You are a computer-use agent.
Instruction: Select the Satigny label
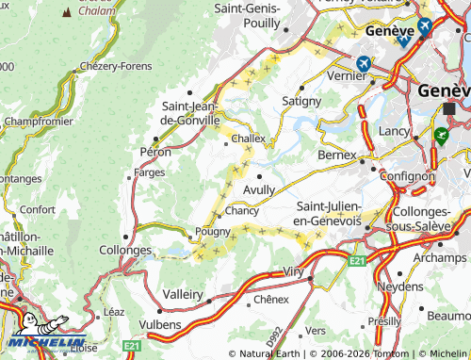point(301,100)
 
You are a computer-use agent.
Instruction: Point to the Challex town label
point(249,138)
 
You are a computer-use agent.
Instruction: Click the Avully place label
point(259,189)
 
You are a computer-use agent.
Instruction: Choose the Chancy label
point(242,211)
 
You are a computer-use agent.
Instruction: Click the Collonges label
point(125,251)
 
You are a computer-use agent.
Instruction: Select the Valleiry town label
point(183,294)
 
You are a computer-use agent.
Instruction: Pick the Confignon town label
point(406,175)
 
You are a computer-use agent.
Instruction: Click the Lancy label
point(390,130)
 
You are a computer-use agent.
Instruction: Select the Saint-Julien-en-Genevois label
point(329,213)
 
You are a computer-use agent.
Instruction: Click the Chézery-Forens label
point(116,66)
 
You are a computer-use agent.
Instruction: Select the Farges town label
point(150,173)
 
